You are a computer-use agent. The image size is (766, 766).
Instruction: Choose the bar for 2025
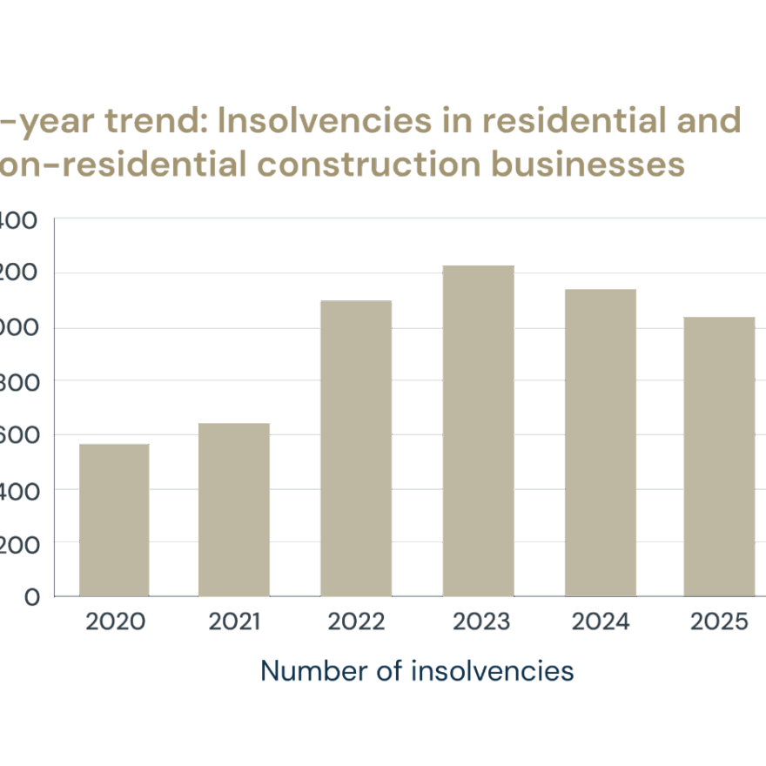(x=719, y=456)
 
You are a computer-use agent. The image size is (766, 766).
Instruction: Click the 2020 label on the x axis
(x=115, y=622)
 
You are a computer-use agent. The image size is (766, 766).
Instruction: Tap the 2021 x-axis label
(x=234, y=622)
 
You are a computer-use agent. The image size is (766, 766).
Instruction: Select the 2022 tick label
(x=356, y=622)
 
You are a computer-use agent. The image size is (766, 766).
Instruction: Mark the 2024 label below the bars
(x=601, y=622)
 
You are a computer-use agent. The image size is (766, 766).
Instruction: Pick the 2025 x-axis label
(x=719, y=622)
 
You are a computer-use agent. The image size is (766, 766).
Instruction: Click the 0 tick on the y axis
(x=32, y=597)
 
